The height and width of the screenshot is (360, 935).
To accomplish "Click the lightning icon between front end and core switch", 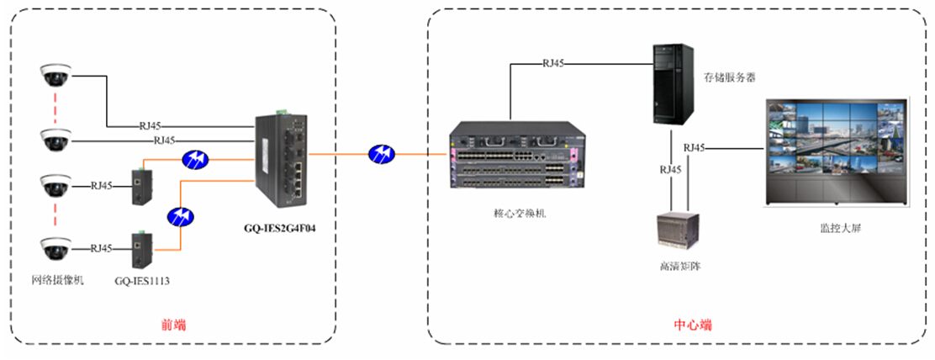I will click(381, 154).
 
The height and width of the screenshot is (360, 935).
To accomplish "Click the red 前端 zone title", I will click(174, 324).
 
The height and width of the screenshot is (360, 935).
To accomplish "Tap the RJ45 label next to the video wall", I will click(695, 148).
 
